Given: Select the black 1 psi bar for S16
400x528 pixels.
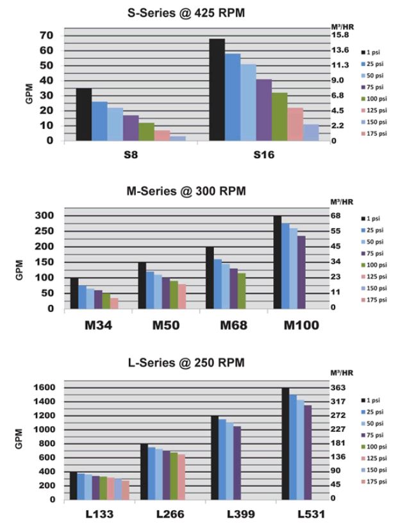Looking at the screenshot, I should (217, 89).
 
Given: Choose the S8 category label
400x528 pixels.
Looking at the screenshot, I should (130, 155).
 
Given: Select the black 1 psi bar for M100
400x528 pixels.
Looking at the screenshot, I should (278, 262).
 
